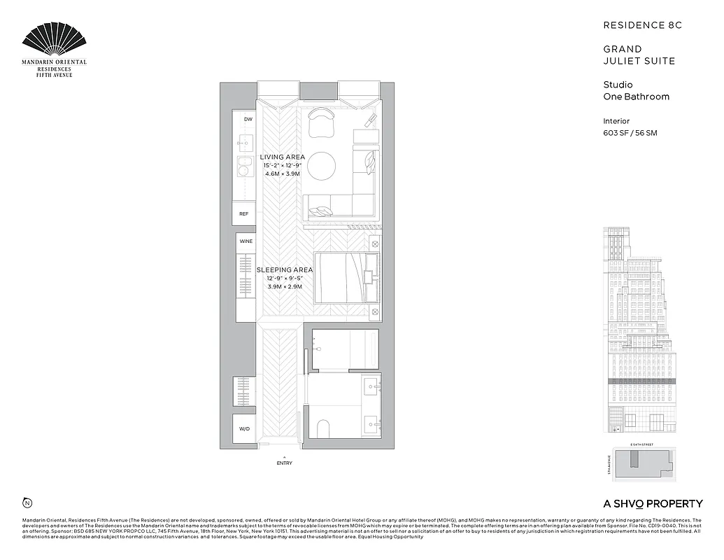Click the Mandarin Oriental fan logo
(x=55, y=41)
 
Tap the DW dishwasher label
(x=248, y=120)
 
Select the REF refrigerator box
(x=244, y=213)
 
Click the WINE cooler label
(x=246, y=241)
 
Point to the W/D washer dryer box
(x=244, y=429)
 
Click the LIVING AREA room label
(x=283, y=157)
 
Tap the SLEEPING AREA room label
(x=284, y=269)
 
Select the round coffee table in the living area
(x=322, y=165)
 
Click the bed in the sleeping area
(x=346, y=278)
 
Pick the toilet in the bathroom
(x=324, y=427)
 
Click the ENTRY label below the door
(x=285, y=463)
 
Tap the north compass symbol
(x=27, y=502)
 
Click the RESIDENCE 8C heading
(x=642, y=25)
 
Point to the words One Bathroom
(x=636, y=97)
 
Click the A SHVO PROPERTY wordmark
(x=653, y=503)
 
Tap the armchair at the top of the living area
(x=322, y=122)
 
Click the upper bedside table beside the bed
(x=374, y=244)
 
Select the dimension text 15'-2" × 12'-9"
(x=283, y=165)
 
